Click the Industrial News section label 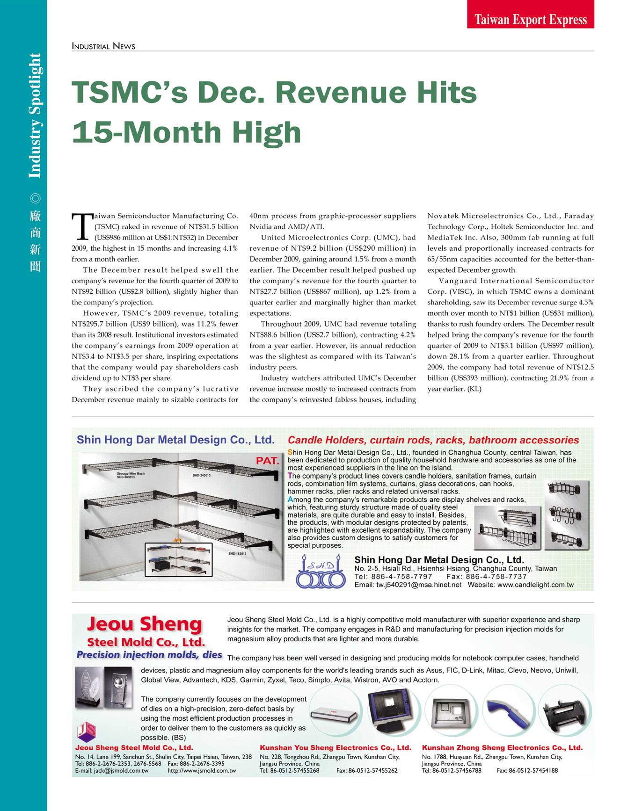point(103,46)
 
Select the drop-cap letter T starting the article point(82,226)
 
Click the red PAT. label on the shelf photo point(267,461)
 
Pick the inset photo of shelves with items point(178,559)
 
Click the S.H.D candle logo point(321,571)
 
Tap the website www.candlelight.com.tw point(534,585)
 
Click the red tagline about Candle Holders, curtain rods point(433,440)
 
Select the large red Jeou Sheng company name point(145,624)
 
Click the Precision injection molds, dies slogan point(149,655)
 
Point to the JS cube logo point(87,731)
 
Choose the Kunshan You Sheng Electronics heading point(335,748)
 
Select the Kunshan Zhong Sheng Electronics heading point(502,748)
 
